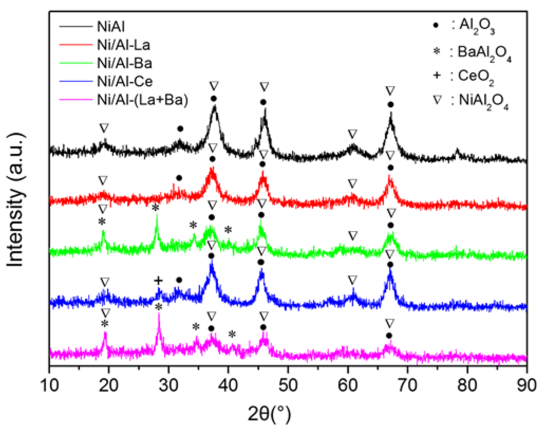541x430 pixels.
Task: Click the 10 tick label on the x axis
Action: [x=49, y=381]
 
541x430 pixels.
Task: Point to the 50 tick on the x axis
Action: [x=288, y=381]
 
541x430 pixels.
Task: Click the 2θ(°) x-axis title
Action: [x=288, y=409]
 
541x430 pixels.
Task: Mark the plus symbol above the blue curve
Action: [x=157, y=280]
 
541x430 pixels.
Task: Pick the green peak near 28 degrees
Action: [x=156, y=224]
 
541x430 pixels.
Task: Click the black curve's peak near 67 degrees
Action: [x=390, y=117]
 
